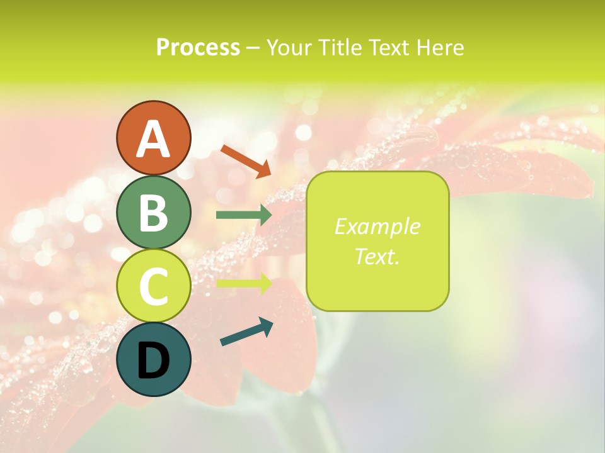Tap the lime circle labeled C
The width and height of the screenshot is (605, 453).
coord(153,286)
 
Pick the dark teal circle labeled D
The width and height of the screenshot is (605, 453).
coord(153,359)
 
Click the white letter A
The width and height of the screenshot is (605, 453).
coord(153,139)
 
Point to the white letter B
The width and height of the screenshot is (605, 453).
coord(153,213)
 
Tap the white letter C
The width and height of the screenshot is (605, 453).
coord(153,286)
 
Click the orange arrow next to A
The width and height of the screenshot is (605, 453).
coord(246,160)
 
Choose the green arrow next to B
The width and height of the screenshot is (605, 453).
coord(244,215)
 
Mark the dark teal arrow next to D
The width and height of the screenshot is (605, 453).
coord(246,332)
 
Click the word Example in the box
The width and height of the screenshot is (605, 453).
coord(377,226)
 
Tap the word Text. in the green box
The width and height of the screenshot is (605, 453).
coord(377,256)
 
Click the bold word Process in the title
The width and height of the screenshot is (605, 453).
coord(198,47)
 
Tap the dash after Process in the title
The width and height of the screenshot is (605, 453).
coord(253,48)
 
